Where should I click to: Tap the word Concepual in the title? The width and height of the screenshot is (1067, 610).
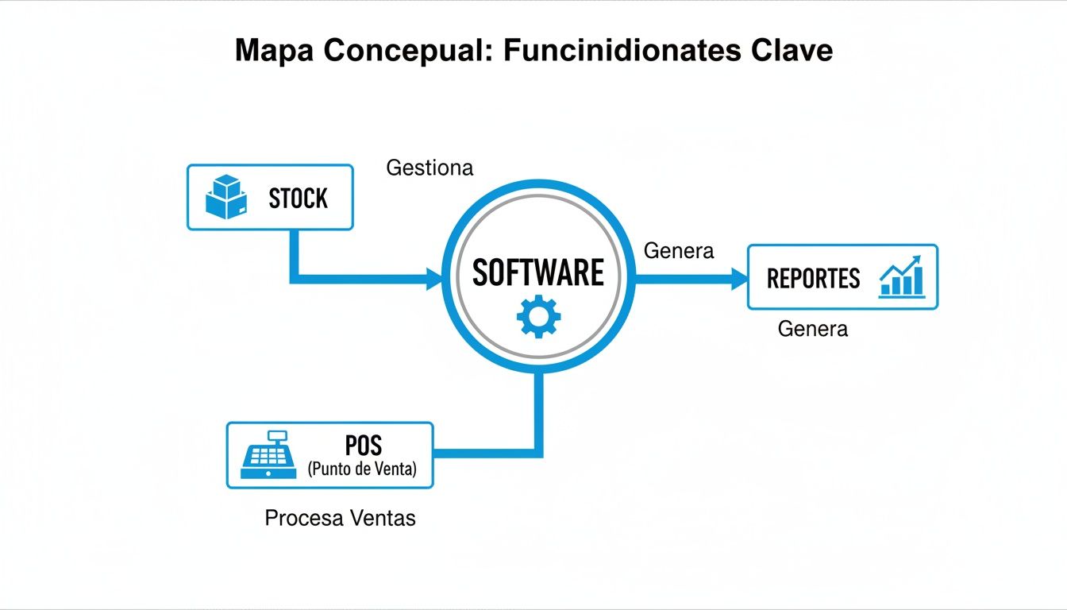click(x=406, y=51)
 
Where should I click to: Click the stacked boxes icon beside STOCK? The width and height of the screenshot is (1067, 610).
click(x=226, y=197)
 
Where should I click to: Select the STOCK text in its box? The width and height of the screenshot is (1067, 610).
click(x=298, y=199)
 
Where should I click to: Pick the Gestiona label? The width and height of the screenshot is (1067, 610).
click(x=429, y=168)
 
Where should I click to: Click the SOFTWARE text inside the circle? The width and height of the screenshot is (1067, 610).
click(x=538, y=272)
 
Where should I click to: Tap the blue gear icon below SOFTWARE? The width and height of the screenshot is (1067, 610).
click(x=538, y=317)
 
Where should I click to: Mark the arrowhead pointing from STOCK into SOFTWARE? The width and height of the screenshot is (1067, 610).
click(x=434, y=278)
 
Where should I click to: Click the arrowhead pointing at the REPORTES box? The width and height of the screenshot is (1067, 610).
click(x=739, y=278)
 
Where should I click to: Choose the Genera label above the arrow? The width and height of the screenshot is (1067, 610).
click(x=679, y=251)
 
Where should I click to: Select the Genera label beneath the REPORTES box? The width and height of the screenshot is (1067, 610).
click(x=812, y=329)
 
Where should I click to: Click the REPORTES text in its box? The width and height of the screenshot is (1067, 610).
click(x=813, y=279)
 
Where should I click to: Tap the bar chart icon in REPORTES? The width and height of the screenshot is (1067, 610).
click(x=903, y=276)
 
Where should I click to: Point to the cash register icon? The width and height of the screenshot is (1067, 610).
click(x=268, y=454)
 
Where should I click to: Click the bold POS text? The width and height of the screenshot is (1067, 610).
click(x=364, y=445)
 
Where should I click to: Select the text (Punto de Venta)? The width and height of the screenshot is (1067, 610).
click(x=362, y=469)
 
